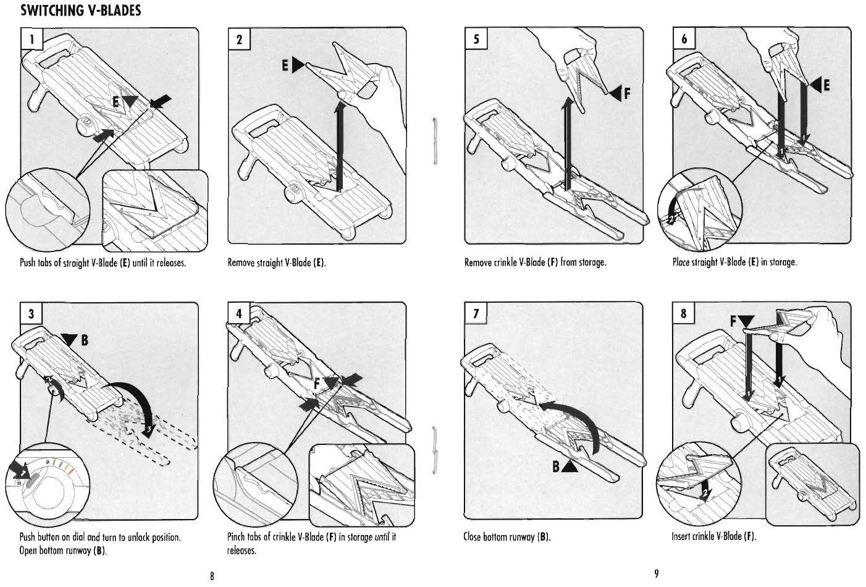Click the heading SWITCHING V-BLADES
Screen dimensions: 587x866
pyautogui.click(x=81, y=11)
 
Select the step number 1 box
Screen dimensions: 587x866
pyautogui.click(x=31, y=40)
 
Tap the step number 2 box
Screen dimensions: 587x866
pyautogui.click(x=239, y=40)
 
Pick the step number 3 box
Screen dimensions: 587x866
pyautogui.click(x=31, y=313)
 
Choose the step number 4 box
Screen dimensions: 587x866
pyautogui.click(x=239, y=313)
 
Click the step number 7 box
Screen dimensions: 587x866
pyautogui.click(x=476, y=313)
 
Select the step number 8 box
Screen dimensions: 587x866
pyautogui.click(x=684, y=313)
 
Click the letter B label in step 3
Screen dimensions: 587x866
pyautogui.click(x=83, y=339)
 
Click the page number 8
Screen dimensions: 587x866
pyautogui.click(x=212, y=576)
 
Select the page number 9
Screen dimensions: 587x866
pyautogui.click(x=657, y=574)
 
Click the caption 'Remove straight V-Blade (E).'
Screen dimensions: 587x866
pyautogui.click(x=276, y=263)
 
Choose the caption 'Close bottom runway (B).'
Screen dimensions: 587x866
pyautogui.click(x=507, y=537)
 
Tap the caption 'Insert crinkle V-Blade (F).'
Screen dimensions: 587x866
pyautogui.click(x=714, y=536)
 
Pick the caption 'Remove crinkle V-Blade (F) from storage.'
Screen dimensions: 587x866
pyautogui.click(x=535, y=263)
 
